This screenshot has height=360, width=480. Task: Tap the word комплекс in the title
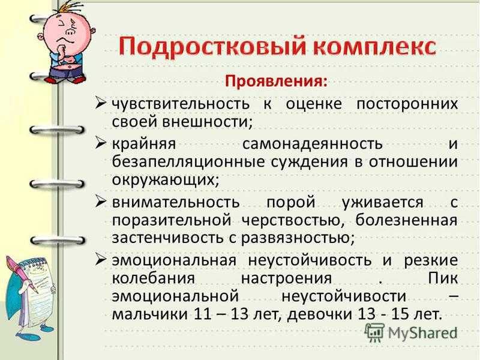376,47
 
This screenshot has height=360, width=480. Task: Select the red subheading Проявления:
275,82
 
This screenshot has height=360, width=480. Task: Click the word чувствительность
181,104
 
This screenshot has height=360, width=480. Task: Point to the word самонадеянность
313,144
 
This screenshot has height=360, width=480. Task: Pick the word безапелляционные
188,162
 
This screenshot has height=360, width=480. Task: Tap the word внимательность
176,202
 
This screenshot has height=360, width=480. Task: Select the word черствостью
290,220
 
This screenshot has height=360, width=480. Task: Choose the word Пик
443,278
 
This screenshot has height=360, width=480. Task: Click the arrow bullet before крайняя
100,143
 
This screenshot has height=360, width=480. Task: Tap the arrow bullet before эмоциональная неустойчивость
100,259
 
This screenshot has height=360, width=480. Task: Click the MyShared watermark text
422,333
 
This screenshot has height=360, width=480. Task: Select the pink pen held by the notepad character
22,274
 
